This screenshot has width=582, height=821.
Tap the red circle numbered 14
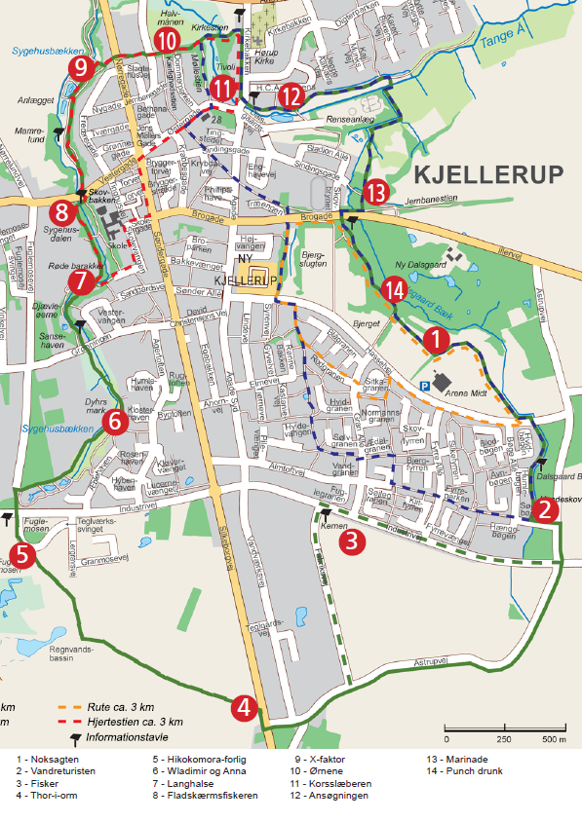coord(394,289)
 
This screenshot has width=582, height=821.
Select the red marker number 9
coord(81,68)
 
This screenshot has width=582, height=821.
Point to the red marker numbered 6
coord(114,422)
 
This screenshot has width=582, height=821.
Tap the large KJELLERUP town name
coord(488,175)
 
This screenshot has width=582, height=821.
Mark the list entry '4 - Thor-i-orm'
coord(48,796)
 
